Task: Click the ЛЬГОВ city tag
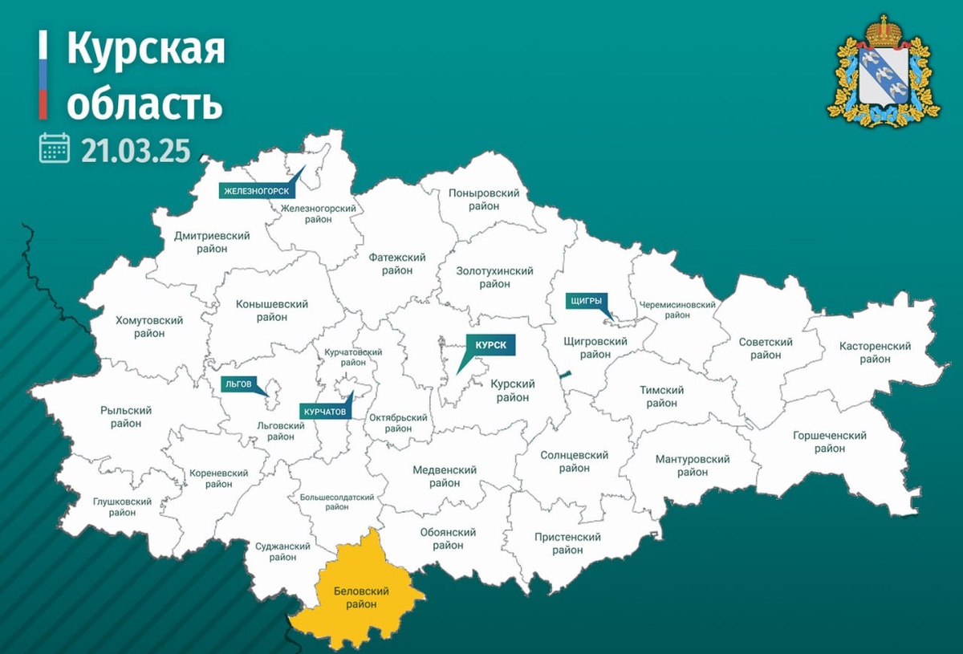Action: coord(238,384)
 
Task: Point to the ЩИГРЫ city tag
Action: coord(586,301)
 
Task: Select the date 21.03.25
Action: coord(135,149)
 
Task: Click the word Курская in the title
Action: coord(145,50)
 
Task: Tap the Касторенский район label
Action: coord(875,352)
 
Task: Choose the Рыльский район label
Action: coord(127,416)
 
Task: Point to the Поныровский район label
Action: coord(484,200)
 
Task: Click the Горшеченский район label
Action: coord(829,441)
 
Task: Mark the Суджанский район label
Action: coord(282,553)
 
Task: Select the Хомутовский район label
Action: coord(149,327)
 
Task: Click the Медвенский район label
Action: coord(445,476)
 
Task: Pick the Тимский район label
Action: coord(661,396)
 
